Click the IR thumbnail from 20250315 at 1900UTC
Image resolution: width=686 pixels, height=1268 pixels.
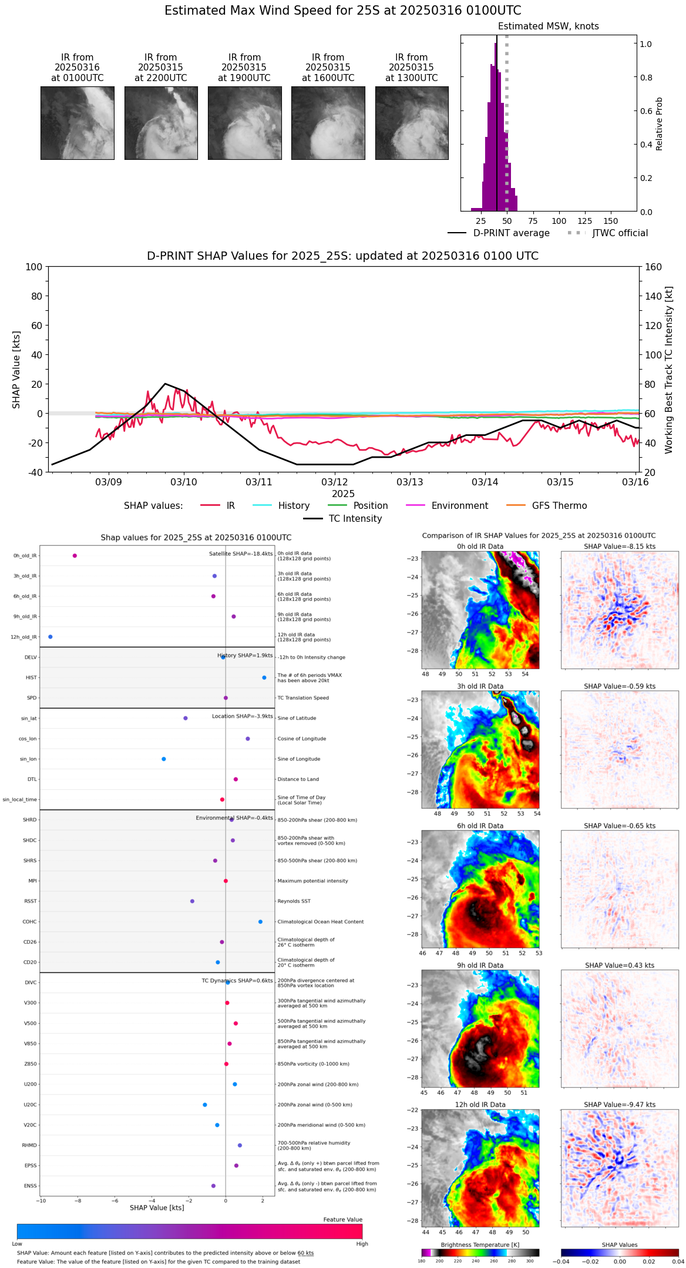(x=244, y=123)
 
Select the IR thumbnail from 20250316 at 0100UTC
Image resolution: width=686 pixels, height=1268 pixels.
(x=78, y=123)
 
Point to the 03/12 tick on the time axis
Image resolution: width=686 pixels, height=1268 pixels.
(x=334, y=482)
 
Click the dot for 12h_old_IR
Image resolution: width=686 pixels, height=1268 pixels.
(x=51, y=637)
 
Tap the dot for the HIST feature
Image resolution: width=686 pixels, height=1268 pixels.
(x=264, y=677)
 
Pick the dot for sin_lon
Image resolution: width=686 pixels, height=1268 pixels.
(x=164, y=759)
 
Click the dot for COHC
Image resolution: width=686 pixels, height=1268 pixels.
(x=261, y=921)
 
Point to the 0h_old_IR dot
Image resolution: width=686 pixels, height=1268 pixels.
(x=75, y=556)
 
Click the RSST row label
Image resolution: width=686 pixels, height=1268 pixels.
(x=31, y=901)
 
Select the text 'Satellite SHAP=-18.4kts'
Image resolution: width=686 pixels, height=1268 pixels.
(x=241, y=554)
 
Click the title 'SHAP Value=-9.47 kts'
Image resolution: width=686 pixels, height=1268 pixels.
(x=620, y=1105)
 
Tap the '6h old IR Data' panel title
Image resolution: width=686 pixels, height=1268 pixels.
(x=480, y=826)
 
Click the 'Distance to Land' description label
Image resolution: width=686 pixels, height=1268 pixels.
(x=298, y=779)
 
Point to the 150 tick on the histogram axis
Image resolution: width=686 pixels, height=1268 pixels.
(x=611, y=222)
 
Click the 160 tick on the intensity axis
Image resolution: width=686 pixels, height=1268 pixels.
(x=654, y=267)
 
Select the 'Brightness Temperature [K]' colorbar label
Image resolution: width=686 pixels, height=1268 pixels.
(x=480, y=1244)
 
